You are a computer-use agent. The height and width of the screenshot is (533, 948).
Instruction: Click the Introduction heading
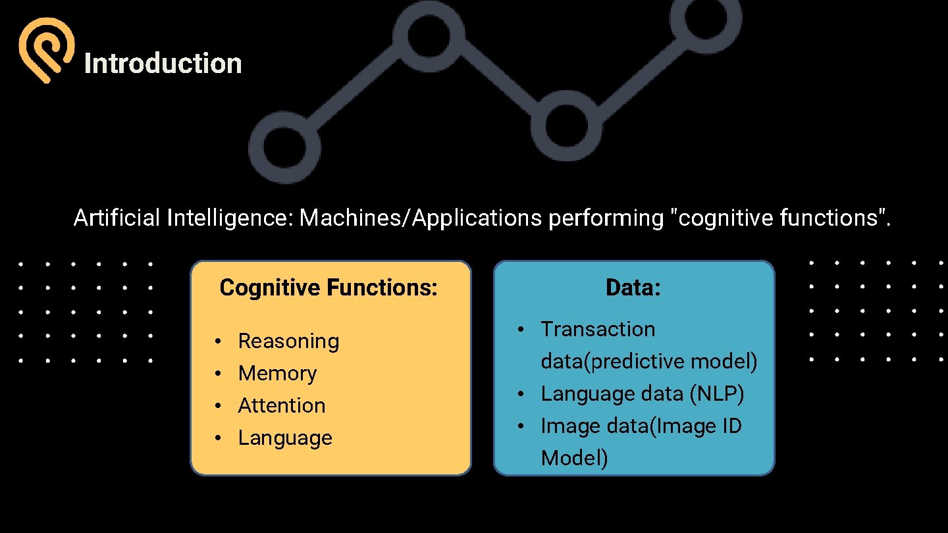[163, 64]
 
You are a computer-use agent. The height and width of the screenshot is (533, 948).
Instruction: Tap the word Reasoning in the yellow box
[288, 341]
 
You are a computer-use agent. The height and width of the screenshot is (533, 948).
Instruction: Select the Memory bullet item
[277, 373]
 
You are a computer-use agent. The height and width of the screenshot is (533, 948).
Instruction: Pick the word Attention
[282, 405]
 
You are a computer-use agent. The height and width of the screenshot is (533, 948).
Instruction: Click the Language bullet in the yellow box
[285, 438]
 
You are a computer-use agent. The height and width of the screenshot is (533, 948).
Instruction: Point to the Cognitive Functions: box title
[329, 288]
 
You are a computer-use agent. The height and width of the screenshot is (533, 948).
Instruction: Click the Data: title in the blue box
[633, 288]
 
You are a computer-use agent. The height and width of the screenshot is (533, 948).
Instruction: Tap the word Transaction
[598, 329]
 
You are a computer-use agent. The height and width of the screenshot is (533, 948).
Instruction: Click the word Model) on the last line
[574, 458]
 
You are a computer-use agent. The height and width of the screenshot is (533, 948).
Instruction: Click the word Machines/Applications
[421, 218]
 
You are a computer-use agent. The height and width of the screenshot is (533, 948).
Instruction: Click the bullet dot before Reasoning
[217, 342]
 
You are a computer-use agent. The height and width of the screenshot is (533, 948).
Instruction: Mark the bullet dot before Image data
[520, 426]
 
